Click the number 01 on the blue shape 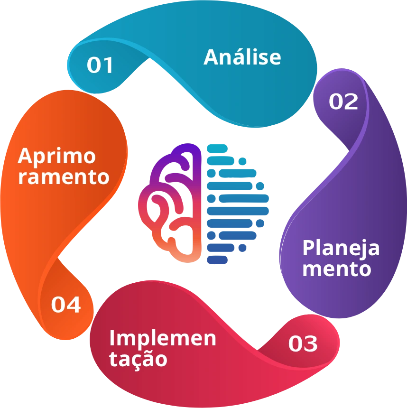pyautogui.click(x=101, y=65)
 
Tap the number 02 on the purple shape pyautogui.click(x=343, y=102)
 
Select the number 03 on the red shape pyautogui.click(x=303, y=343)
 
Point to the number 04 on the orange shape pyautogui.click(x=66, y=305)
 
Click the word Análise pyautogui.click(x=242, y=57)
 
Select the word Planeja pyautogui.click(x=341, y=248)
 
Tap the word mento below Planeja pyautogui.click(x=336, y=269)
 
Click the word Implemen pyautogui.click(x=163, y=338)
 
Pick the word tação pyautogui.click(x=138, y=359)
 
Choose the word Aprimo pyautogui.click(x=57, y=156)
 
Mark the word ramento pyautogui.click(x=64, y=177)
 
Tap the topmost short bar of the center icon pyautogui.click(x=217, y=149)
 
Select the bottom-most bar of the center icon pyautogui.click(x=217, y=260)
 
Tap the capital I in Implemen pyautogui.click(x=112, y=338)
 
